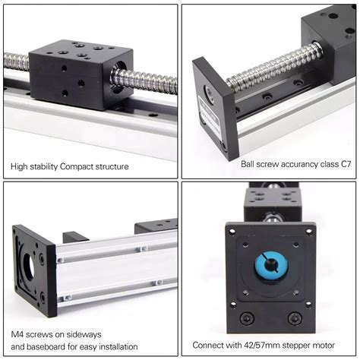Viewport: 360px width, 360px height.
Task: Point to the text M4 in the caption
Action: [x=17, y=333]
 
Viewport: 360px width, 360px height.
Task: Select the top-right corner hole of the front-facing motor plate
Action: [x=308, y=230]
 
